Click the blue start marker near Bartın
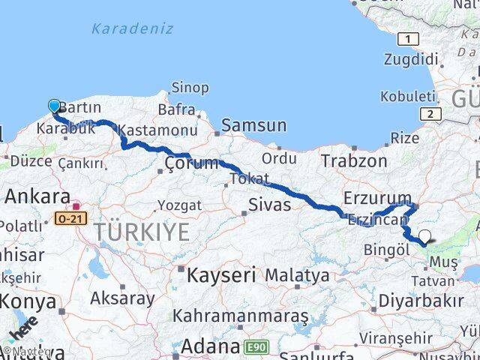pos(54,106)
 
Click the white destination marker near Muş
pos(425,237)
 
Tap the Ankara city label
pos(37,196)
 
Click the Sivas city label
pos(269,204)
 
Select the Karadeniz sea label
pos(132,29)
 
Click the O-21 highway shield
pos(70,219)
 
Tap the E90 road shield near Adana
pos(255,347)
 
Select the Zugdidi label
pos(410,58)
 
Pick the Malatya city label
pos(298,275)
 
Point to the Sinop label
pos(190,88)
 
